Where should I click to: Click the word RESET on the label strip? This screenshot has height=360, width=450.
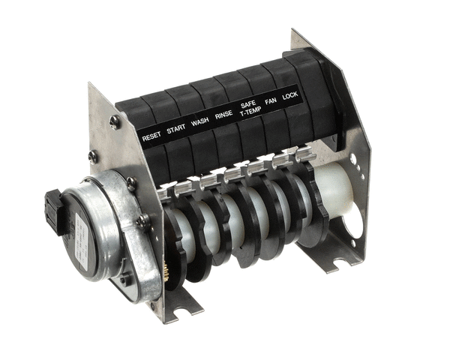coord(151,136)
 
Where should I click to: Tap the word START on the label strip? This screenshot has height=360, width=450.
coord(175,129)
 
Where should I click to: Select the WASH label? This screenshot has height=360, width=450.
coord(199,122)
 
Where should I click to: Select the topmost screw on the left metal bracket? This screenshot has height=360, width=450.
coord(114,120)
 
